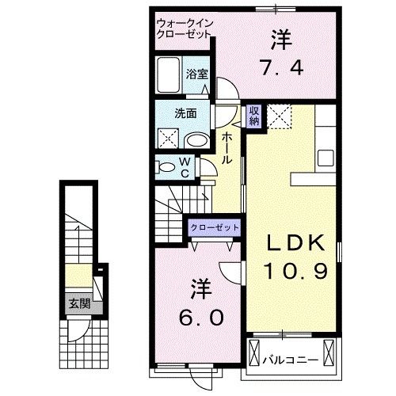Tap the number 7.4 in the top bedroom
(x=280, y=67)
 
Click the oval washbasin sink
(x=196, y=141)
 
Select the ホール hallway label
(x=227, y=147)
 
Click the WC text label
(x=183, y=168)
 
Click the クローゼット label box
(x=215, y=228)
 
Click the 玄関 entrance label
(x=77, y=303)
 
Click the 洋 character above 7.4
(x=281, y=37)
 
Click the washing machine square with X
(x=169, y=139)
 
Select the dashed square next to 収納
(x=278, y=116)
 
